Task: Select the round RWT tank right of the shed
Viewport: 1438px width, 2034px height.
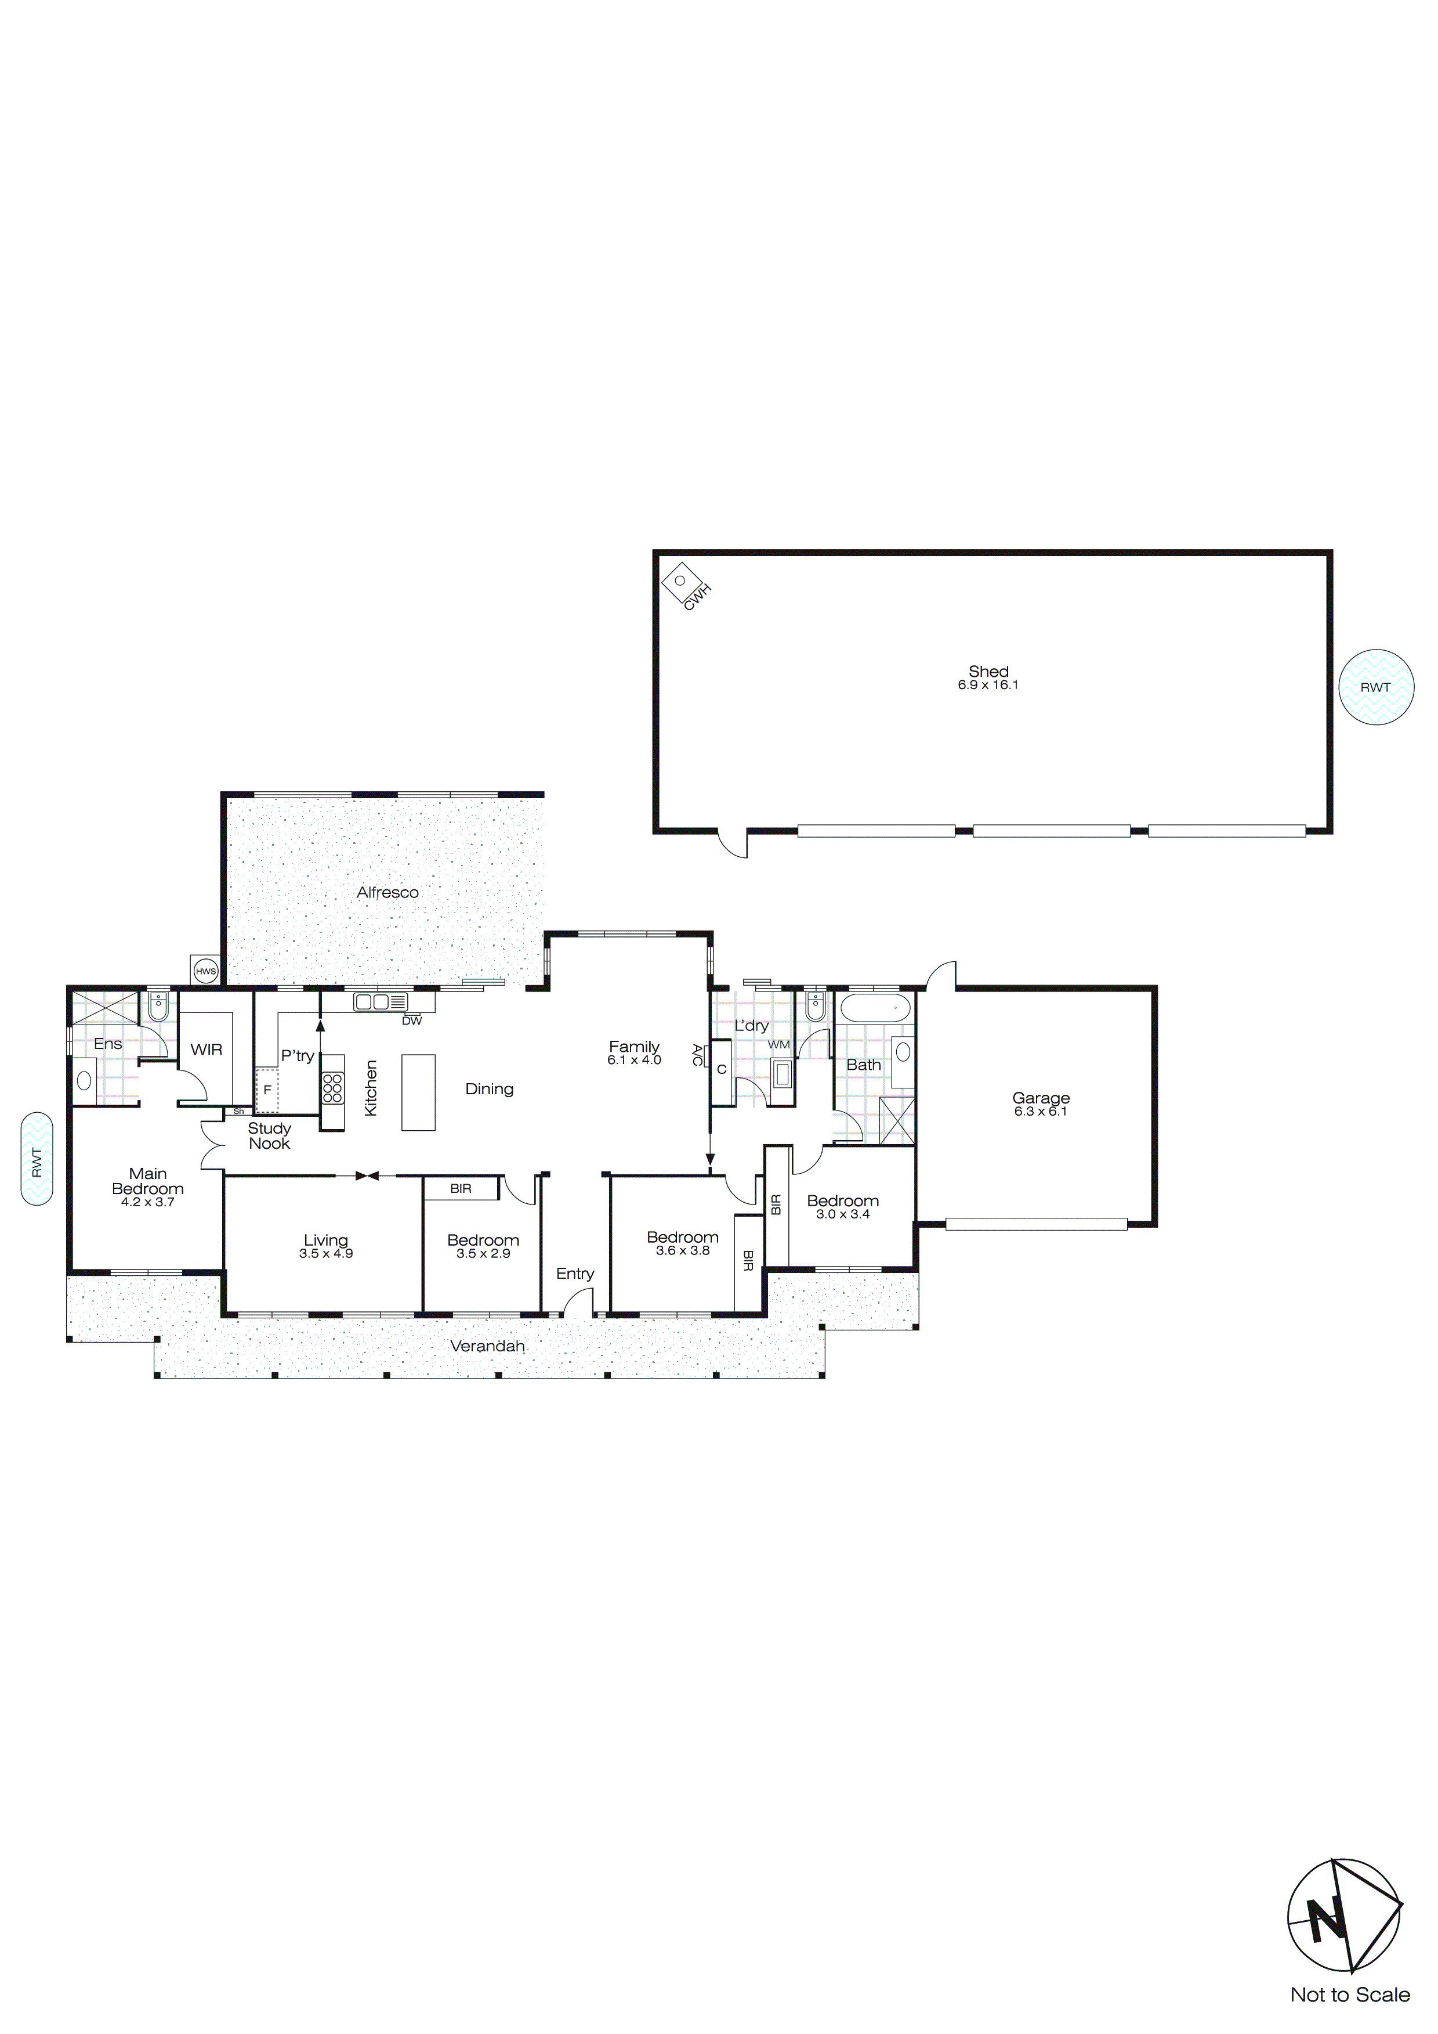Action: (x=1375, y=687)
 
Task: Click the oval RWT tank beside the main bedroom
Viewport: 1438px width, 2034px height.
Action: (x=37, y=1160)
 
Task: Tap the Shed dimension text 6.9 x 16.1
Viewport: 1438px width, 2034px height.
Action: (x=988, y=685)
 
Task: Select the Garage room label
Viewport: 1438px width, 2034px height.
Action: (x=1041, y=1098)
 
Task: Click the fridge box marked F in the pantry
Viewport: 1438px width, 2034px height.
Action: (x=266, y=1090)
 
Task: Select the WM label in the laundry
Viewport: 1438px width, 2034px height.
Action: (x=778, y=1045)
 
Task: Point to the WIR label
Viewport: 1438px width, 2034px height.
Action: (x=207, y=1050)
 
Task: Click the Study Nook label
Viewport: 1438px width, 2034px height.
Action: (x=269, y=1136)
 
